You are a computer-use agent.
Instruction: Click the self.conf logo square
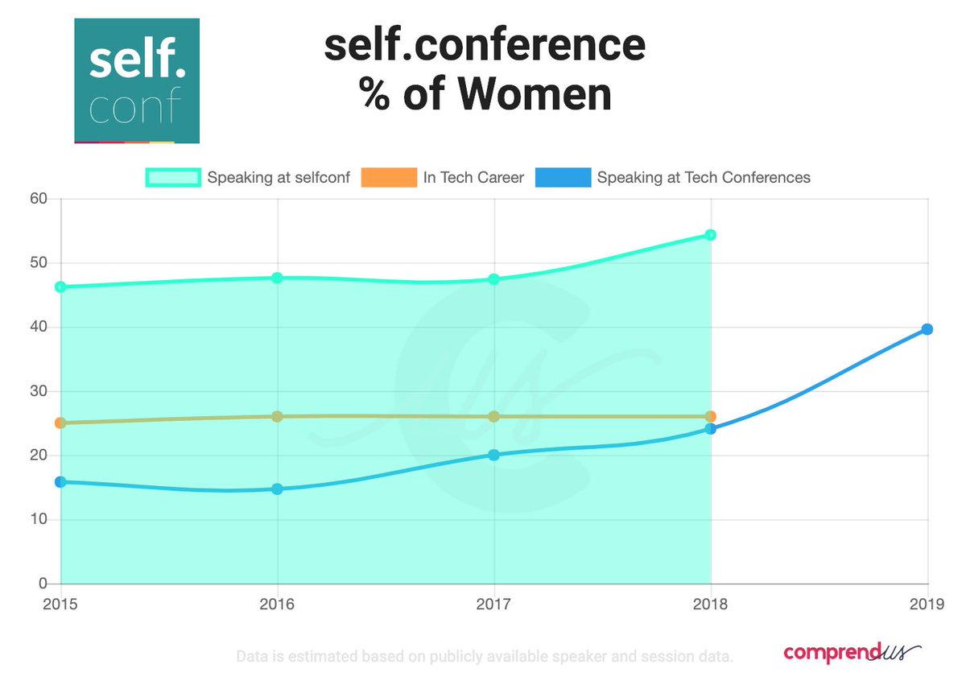[136, 80]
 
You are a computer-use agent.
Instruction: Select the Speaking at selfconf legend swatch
[171, 177]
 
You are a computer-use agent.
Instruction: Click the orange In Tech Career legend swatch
[388, 177]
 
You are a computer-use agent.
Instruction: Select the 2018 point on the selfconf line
[710, 235]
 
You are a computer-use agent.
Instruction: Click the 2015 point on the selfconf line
[60, 287]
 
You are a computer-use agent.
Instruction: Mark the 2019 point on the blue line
[927, 329]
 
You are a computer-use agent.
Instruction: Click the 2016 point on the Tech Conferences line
[277, 489]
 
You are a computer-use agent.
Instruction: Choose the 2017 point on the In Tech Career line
[493, 416]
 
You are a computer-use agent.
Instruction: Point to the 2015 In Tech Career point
[60, 423]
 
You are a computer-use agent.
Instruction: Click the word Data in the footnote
[251, 657]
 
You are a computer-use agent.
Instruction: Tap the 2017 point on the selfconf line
[493, 279]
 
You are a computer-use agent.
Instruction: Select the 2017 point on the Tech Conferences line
[493, 455]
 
